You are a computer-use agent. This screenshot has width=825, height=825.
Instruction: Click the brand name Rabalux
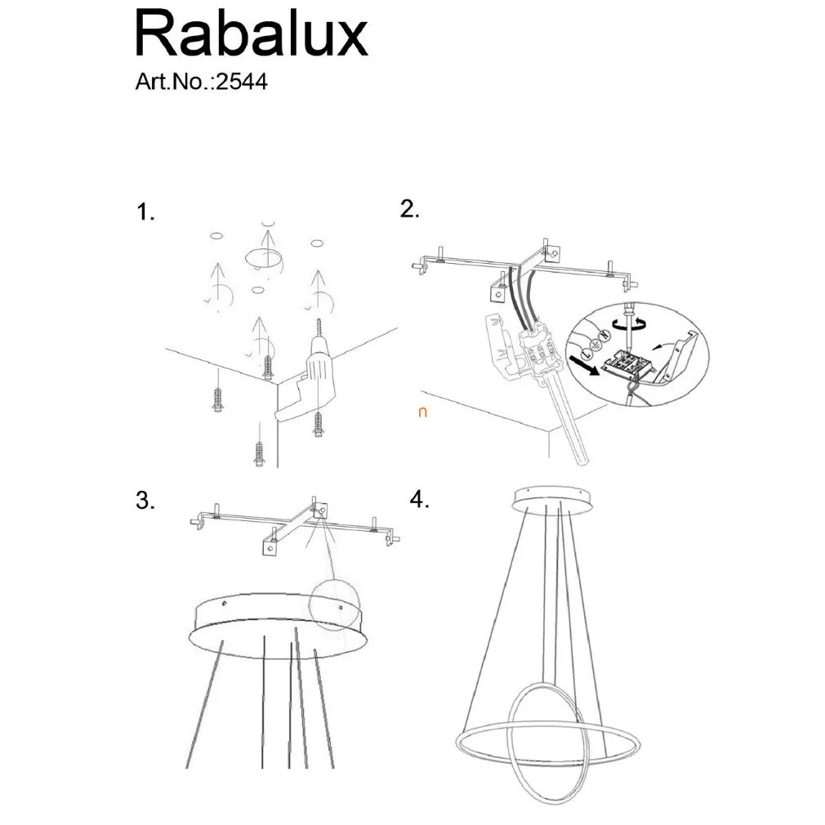click(x=252, y=35)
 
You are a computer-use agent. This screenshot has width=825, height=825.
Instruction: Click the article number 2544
click(x=242, y=82)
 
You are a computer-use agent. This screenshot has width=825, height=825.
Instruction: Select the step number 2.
click(x=409, y=209)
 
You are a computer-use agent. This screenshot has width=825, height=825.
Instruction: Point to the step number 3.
click(x=145, y=500)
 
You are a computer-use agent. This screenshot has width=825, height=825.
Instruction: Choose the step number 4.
click(x=419, y=499)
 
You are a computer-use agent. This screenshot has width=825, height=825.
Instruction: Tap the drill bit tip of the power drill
click(x=319, y=319)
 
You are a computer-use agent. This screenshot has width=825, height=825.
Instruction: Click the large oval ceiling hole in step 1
click(x=262, y=257)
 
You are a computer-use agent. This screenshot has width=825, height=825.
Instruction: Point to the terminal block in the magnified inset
click(x=627, y=363)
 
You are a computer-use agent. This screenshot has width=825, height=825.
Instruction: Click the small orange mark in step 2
click(x=422, y=412)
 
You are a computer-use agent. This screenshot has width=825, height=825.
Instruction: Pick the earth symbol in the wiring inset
click(x=595, y=345)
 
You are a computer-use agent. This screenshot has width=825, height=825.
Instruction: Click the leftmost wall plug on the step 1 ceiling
click(x=218, y=400)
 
